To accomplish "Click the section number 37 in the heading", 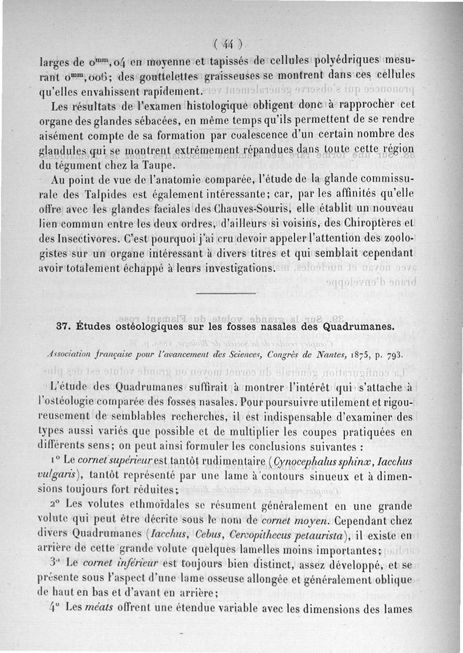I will click(x=63, y=327).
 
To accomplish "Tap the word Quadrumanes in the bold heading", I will click(x=362, y=326).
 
